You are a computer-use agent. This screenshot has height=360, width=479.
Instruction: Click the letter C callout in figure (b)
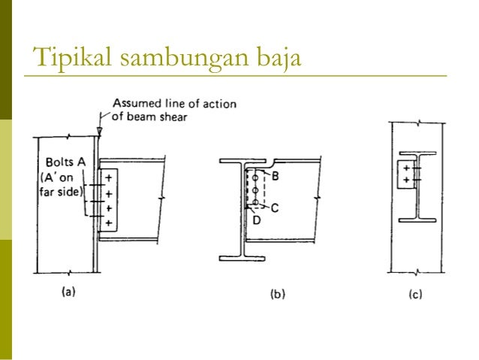pos(275,208)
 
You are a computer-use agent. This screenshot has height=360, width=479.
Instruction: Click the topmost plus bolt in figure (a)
pos(109,178)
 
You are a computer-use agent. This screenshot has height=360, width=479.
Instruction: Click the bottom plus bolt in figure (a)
pos(109,223)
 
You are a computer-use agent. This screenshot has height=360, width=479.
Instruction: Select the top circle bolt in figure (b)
pos(256,178)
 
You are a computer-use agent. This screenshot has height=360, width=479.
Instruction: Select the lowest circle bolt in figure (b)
pos(256,203)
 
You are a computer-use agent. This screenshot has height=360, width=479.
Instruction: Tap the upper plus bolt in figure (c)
pos(406,169)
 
